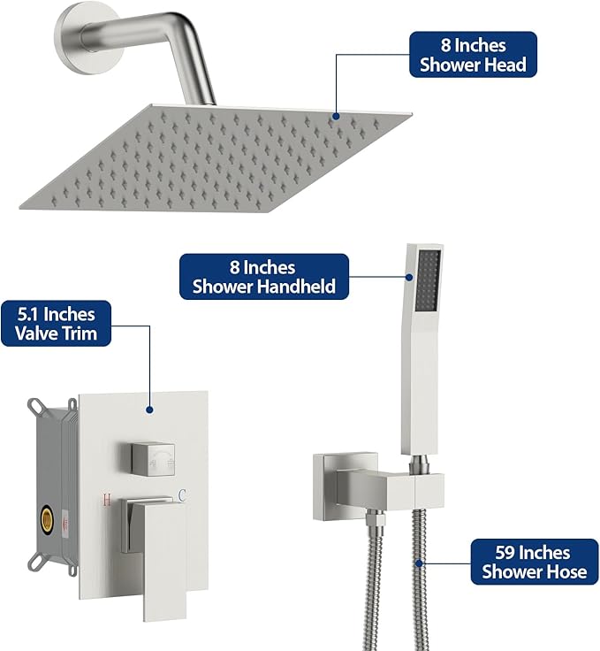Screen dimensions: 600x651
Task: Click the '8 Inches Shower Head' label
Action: [x=473, y=54]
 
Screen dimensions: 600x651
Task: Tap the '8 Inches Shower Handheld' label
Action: [x=264, y=277]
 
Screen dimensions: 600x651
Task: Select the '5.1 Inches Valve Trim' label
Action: [x=56, y=324]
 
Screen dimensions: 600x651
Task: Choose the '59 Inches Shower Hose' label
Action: [x=535, y=562]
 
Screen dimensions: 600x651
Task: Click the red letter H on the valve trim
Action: [x=107, y=500]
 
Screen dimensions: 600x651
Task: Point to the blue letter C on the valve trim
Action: [x=182, y=495]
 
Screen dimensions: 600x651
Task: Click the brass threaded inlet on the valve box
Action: [x=47, y=519]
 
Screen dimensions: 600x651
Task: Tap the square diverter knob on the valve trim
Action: [x=153, y=459]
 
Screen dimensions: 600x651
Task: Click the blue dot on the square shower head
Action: [x=336, y=116]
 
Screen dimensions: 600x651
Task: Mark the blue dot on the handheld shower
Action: [x=409, y=277]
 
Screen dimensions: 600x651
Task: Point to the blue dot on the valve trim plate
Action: [x=149, y=410]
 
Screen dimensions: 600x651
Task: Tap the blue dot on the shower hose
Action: [x=419, y=563]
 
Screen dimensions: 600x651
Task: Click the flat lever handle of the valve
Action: [x=159, y=556]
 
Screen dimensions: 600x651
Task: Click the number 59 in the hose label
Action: [x=505, y=553]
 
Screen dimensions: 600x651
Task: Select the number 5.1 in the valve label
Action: [x=27, y=314]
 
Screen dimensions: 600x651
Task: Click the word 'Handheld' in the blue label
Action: [x=299, y=287]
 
